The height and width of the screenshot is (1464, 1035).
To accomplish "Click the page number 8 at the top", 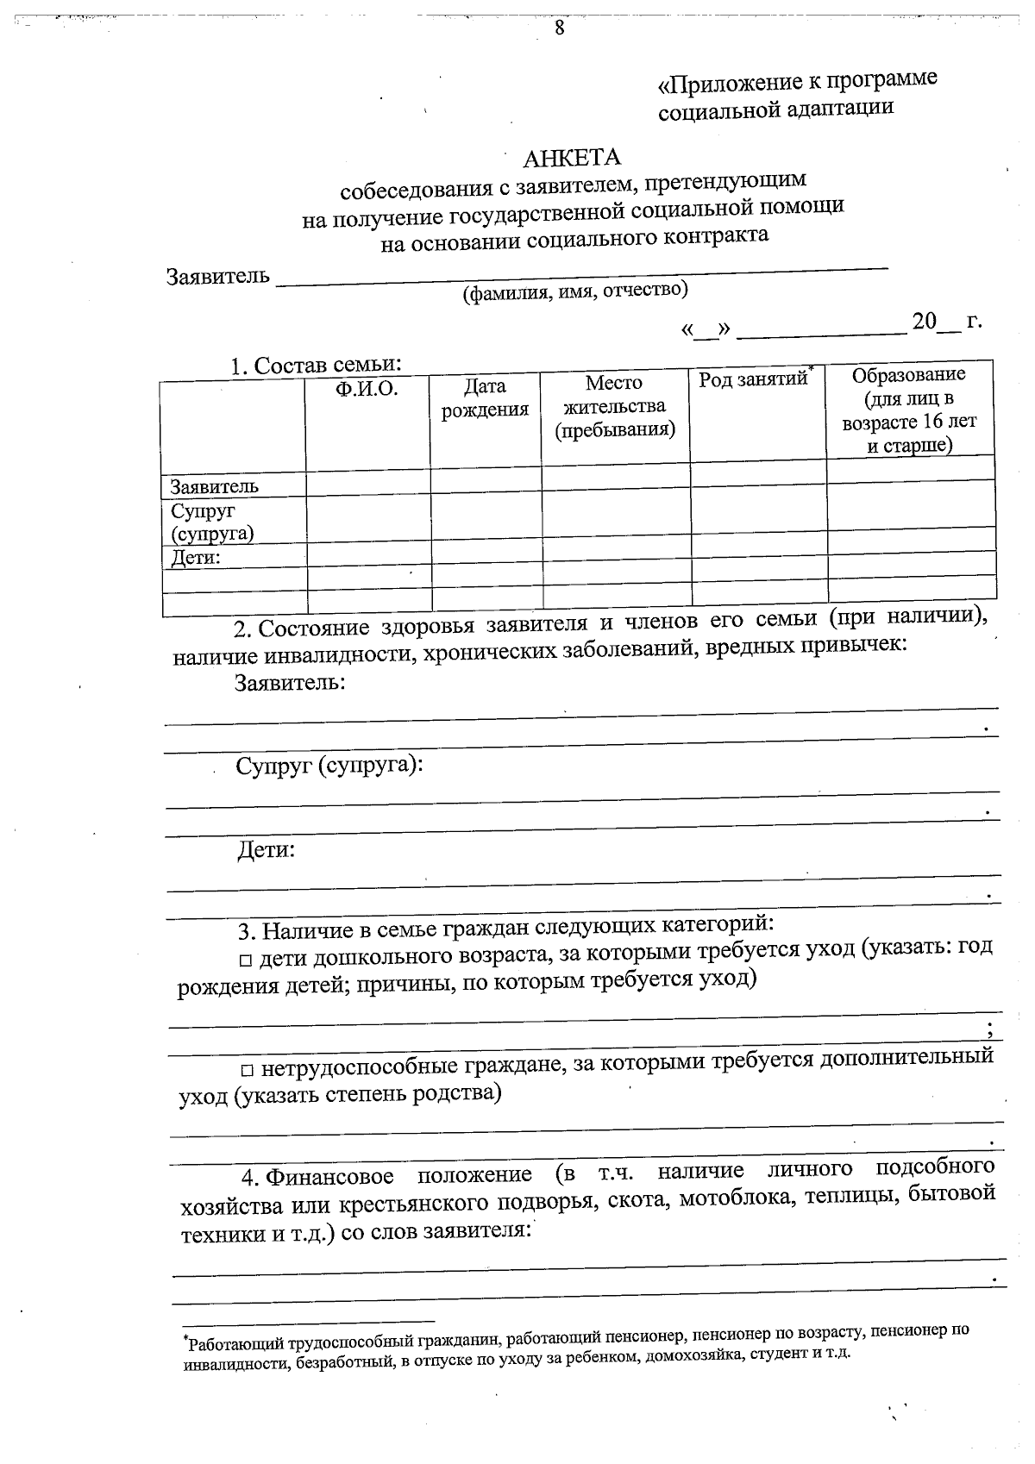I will click(x=559, y=27).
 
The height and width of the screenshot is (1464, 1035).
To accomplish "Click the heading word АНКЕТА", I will click(x=572, y=158).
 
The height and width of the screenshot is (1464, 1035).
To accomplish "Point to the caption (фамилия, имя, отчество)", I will click(x=575, y=291).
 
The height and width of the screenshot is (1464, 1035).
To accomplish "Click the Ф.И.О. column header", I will click(x=367, y=389).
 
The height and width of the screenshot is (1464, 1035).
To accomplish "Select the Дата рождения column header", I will click(x=485, y=397).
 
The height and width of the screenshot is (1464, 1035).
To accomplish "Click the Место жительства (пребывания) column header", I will click(x=614, y=405).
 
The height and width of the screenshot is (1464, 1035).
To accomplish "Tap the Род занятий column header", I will click(x=753, y=379).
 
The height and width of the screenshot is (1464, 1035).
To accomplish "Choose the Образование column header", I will click(x=909, y=410).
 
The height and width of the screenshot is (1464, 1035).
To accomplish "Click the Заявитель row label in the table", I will click(x=214, y=486).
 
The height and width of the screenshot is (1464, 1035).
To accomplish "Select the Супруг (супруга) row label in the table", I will click(x=212, y=522).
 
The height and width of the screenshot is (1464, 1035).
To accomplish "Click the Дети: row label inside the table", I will click(x=196, y=558).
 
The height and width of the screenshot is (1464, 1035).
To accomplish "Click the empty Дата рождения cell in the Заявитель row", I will click(x=486, y=483).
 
